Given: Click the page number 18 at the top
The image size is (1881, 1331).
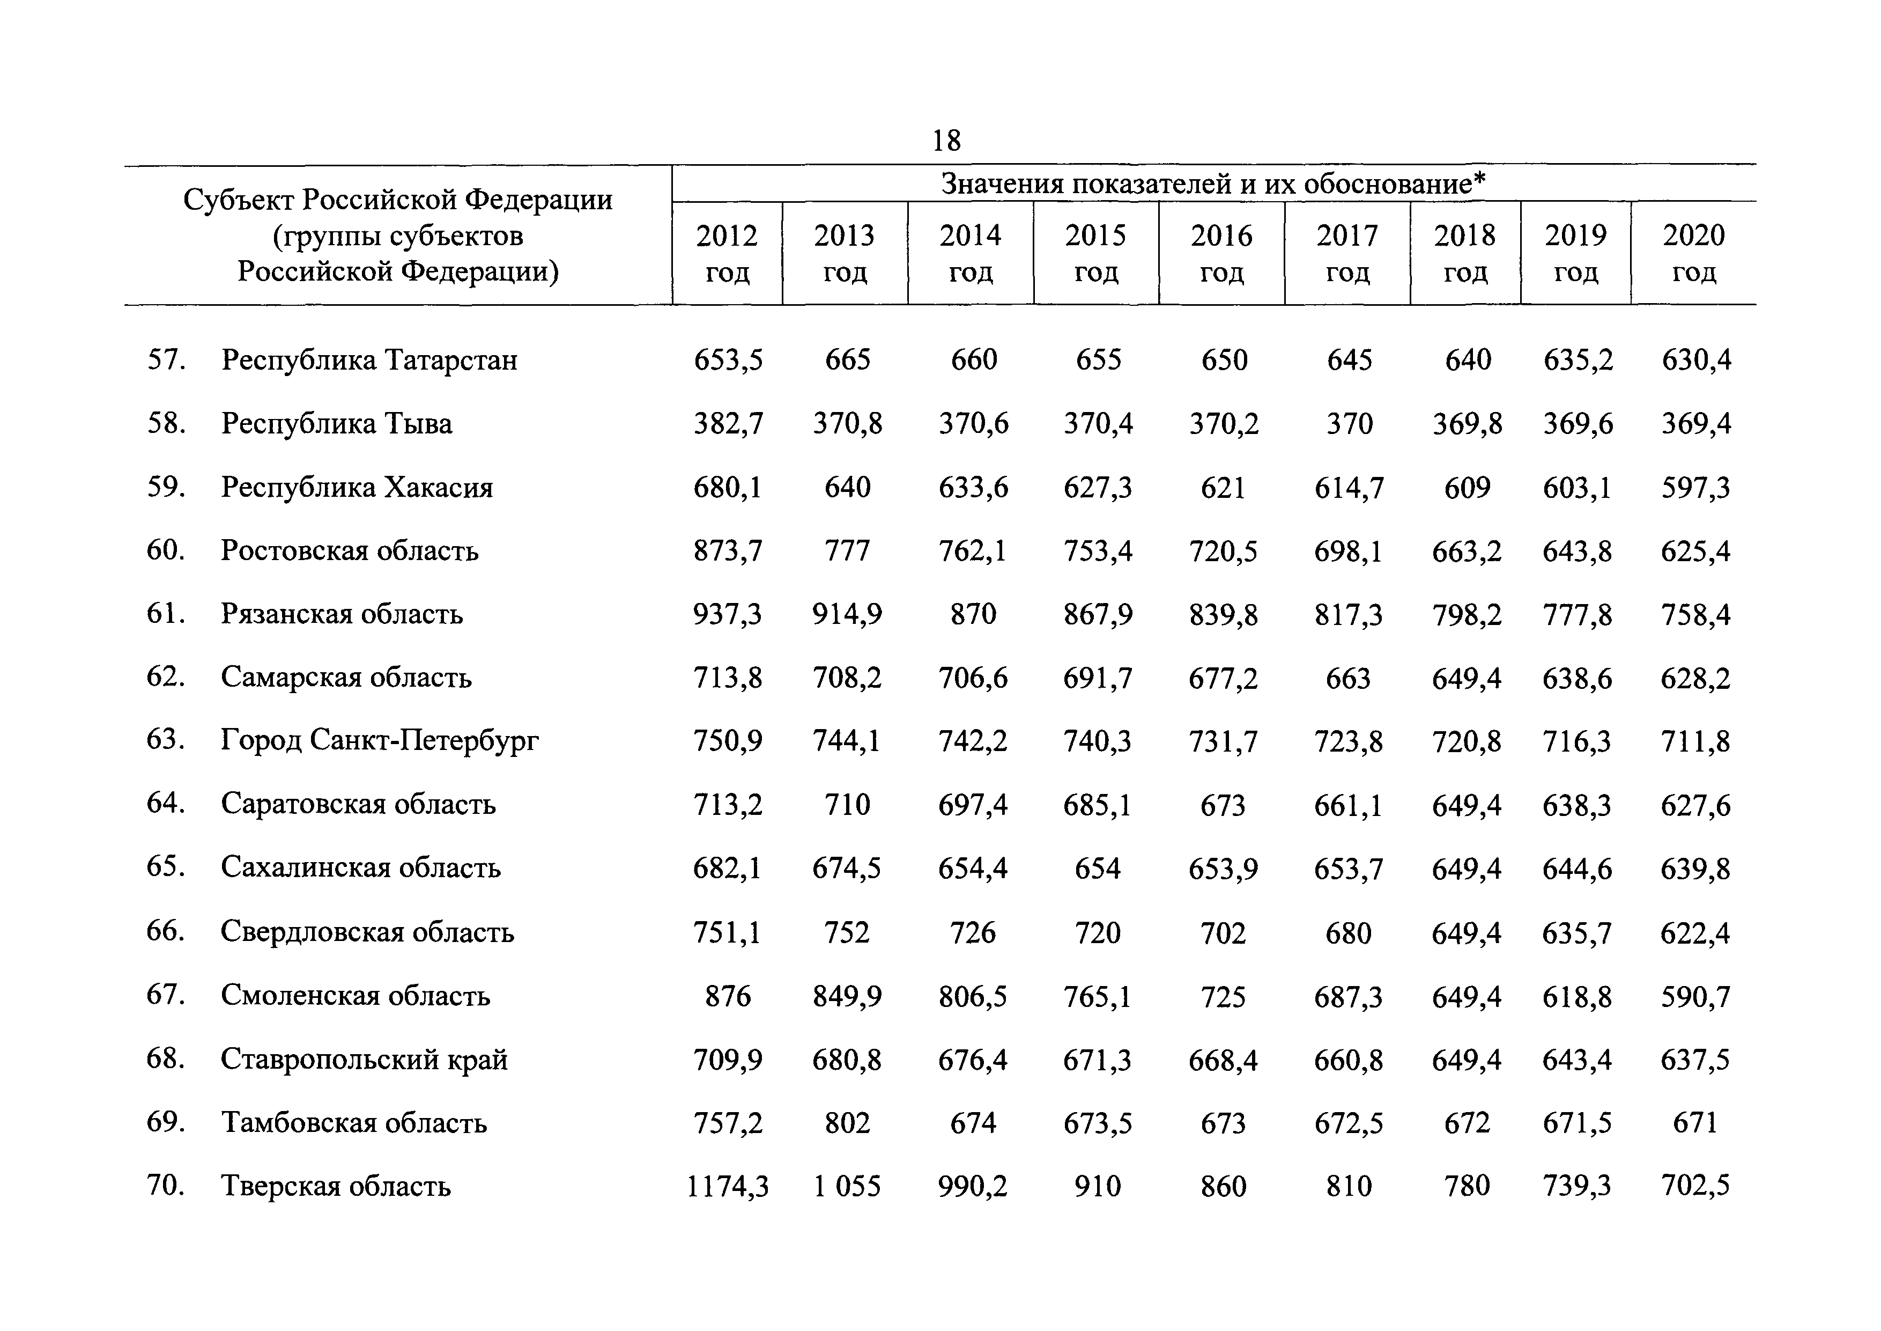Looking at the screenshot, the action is coord(946,141).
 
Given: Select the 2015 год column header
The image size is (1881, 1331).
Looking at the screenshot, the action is coord(1096,253).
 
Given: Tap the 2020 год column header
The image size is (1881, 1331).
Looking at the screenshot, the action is coord(1693,253).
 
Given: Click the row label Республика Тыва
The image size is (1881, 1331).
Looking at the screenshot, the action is coord(337,424).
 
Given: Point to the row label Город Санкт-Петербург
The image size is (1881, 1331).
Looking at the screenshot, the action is coord(380,741).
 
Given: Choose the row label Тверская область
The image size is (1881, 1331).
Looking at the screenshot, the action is coord(336,1186).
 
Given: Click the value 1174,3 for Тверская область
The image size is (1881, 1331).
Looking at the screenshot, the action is coord(728,1187).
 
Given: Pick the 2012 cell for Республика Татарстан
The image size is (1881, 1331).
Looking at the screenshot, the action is coord(728,361).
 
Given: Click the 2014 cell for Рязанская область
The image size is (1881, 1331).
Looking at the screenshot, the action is coord(973,614).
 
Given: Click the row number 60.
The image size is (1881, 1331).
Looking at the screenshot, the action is coord(166,550).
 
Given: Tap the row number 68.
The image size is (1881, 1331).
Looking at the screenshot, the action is coord(166,1059).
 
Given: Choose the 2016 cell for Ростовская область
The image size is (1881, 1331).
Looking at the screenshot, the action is coord(1223,551).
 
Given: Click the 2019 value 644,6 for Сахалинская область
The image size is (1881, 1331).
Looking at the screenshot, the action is coord(1577,869).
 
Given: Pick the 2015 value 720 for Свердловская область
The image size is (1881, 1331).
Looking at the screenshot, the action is coord(1098,933).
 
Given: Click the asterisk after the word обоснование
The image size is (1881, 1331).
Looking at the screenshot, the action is coord(1479,179).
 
